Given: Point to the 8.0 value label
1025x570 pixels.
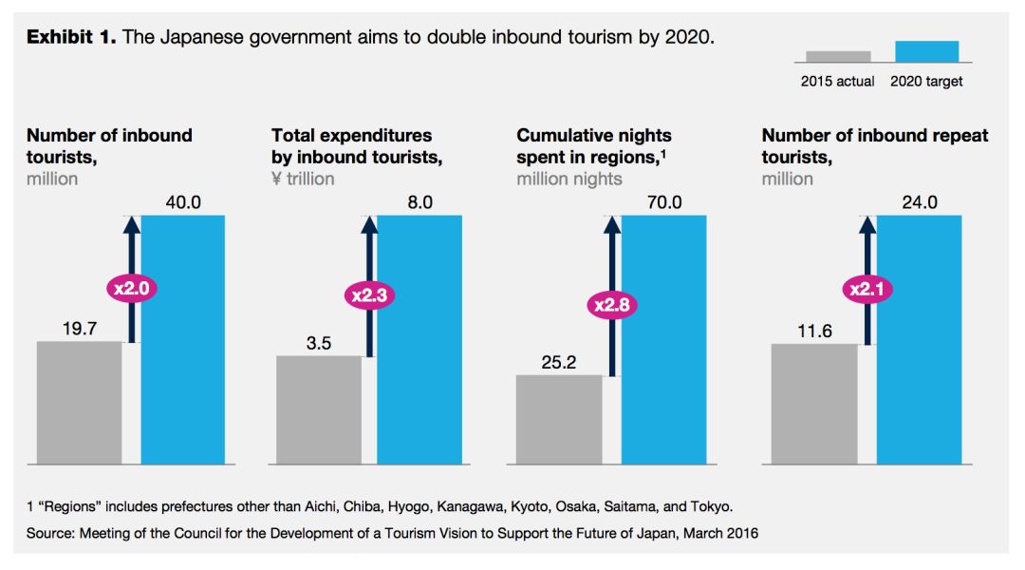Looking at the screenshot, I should [x=419, y=202].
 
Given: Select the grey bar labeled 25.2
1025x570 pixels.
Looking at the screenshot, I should [x=558, y=419].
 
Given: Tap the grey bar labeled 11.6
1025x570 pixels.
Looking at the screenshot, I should [x=813, y=404].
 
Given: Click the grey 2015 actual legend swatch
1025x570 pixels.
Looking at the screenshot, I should [x=838, y=56].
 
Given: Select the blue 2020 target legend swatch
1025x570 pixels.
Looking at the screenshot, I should [x=926, y=51].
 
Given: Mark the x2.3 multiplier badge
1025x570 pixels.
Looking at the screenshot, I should [x=368, y=295].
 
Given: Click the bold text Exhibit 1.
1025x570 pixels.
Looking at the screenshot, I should [x=70, y=38].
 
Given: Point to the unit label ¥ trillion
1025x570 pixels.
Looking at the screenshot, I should [x=303, y=179].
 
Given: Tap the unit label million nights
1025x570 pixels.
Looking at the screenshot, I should [x=569, y=179].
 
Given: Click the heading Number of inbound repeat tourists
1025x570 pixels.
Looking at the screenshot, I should [x=874, y=146].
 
